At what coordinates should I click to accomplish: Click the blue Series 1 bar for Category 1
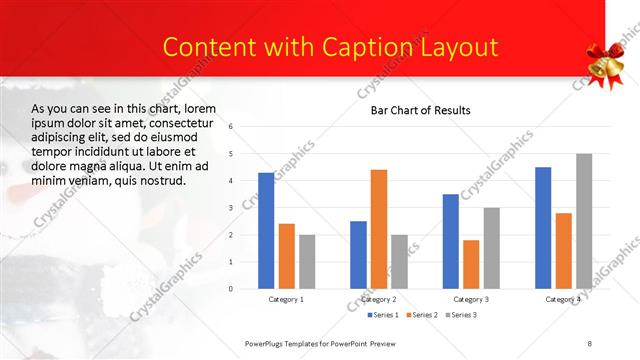click(266, 231)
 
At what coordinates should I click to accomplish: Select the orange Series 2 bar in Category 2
click(379, 229)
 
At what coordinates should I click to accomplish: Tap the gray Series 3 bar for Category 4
click(584, 221)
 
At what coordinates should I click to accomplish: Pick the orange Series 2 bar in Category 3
click(471, 264)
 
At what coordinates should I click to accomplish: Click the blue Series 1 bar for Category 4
click(543, 228)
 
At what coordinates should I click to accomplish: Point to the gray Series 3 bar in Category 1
click(307, 262)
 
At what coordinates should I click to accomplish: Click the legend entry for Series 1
click(381, 315)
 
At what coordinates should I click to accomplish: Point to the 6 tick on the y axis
click(230, 127)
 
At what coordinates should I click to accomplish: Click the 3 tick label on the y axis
click(230, 208)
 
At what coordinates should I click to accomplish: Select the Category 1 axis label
click(286, 299)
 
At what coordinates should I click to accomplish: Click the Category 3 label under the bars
click(471, 299)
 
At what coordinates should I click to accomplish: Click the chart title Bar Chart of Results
click(420, 110)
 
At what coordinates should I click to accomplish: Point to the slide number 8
click(589, 343)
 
